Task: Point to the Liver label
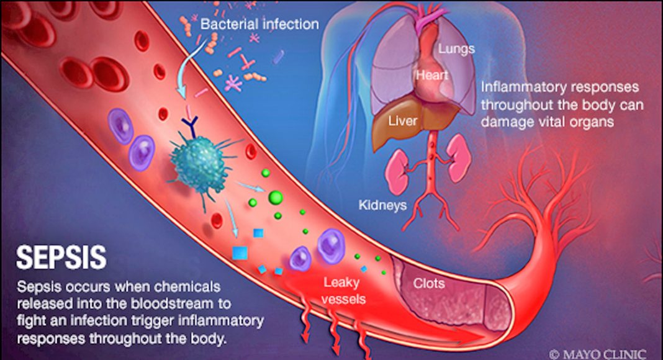click(402, 120)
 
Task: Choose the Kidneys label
click(382, 204)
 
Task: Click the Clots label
click(429, 284)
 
